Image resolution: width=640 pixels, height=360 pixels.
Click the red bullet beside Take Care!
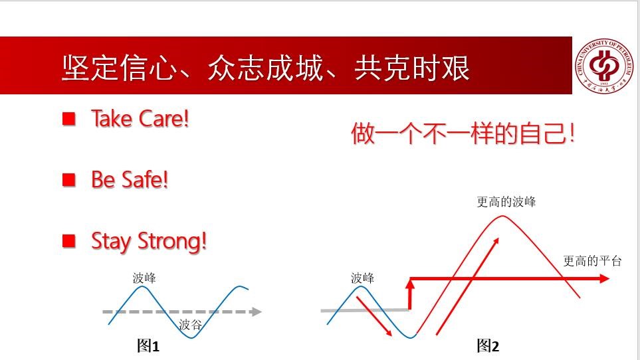(69, 119)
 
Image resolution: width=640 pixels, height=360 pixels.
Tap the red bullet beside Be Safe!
(69, 180)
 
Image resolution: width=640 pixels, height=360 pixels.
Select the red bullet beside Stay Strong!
(69, 240)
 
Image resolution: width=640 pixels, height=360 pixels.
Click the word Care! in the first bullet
(163, 119)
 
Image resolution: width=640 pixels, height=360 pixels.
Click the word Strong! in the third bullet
(172, 241)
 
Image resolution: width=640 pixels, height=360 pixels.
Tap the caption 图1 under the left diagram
(148, 346)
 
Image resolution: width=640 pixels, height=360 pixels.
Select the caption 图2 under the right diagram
(488, 346)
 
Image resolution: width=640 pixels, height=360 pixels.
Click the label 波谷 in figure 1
(190, 325)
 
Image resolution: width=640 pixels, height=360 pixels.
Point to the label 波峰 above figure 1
(144, 278)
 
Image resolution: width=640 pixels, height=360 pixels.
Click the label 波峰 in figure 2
(362, 278)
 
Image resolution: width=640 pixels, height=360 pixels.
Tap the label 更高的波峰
(506, 202)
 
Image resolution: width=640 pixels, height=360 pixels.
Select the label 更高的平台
(592, 261)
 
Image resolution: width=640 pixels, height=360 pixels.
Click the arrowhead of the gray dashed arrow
(256, 312)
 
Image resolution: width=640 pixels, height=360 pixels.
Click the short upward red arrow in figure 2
(410, 294)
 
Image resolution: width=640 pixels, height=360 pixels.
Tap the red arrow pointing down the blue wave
(374, 316)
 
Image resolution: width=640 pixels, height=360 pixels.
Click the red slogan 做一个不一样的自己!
(463, 133)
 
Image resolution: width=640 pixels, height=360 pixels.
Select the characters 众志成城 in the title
(266, 68)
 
